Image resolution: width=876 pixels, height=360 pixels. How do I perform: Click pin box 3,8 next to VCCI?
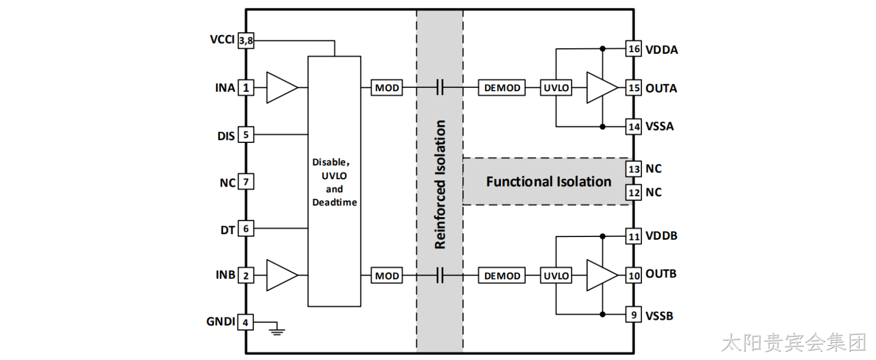[246, 41]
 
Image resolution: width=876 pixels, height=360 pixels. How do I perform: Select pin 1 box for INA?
[246, 88]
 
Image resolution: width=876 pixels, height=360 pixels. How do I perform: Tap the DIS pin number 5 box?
[246, 134]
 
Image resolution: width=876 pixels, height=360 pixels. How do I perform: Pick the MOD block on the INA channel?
[387, 88]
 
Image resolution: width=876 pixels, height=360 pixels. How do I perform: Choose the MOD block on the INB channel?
[387, 276]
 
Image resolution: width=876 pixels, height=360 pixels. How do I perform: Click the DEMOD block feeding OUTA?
[501, 88]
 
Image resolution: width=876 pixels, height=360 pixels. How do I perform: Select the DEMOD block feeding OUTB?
[501, 276]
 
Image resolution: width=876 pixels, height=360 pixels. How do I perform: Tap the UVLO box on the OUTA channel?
[556, 88]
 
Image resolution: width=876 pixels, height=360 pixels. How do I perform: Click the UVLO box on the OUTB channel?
[556, 276]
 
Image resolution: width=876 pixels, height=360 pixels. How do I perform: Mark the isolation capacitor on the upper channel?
[440, 88]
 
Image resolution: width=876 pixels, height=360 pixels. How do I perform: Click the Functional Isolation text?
[548, 181]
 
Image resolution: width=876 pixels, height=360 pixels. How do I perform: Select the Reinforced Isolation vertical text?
[440, 184]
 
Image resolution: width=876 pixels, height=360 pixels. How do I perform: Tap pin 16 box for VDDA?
[633, 49]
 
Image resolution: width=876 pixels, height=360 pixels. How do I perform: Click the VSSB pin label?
[660, 316]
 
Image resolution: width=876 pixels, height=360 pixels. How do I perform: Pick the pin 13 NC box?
[633, 169]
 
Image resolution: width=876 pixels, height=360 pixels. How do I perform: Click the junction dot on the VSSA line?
[603, 127]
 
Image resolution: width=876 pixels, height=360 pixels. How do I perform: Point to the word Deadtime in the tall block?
[335, 202]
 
